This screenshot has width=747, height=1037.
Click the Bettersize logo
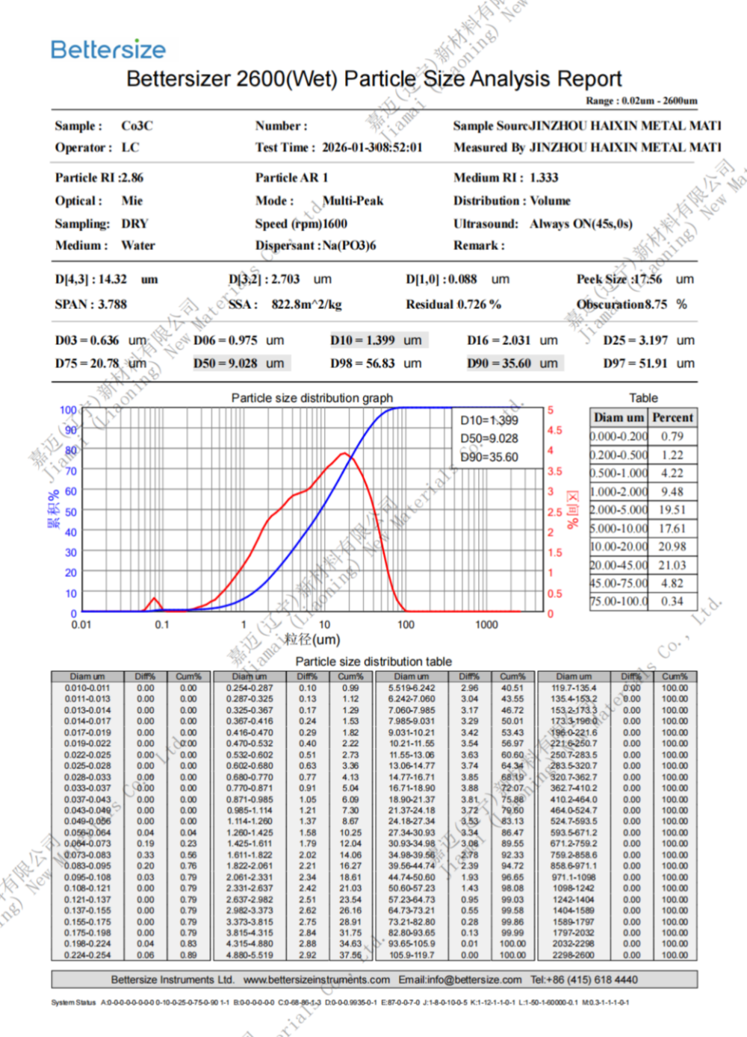click(x=108, y=49)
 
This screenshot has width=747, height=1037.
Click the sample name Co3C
click(x=137, y=125)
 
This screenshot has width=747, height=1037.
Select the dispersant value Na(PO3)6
click(x=349, y=245)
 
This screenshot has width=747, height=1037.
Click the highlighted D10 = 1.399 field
click(x=376, y=340)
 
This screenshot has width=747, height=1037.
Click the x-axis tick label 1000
click(x=486, y=625)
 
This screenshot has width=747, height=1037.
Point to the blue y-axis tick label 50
click(x=70, y=512)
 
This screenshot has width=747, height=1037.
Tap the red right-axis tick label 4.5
click(x=554, y=431)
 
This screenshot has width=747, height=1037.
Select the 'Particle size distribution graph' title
click(x=311, y=398)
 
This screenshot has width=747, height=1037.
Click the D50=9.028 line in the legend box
click(x=489, y=438)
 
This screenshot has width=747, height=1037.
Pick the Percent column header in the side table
click(x=672, y=417)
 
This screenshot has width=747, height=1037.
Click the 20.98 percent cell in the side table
click(x=672, y=546)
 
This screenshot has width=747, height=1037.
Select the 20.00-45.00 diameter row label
click(x=619, y=565)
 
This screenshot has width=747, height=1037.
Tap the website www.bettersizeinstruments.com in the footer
click(x=317, y=980)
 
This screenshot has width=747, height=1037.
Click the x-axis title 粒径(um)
click(x=312, y=639)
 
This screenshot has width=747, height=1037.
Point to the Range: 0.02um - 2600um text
click(x=642, y=100)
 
